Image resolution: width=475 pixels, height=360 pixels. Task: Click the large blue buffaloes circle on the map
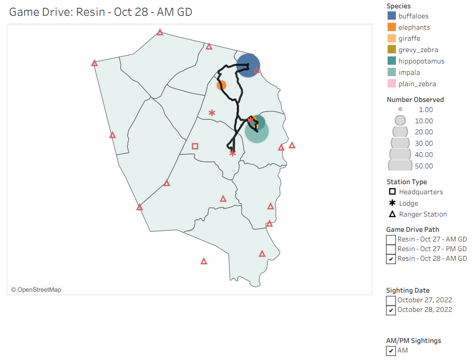[248, 66]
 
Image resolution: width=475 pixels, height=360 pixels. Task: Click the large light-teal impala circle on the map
[257, 132]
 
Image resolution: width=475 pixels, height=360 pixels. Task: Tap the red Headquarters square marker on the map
[195, 146]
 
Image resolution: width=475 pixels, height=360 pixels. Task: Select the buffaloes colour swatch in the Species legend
[392, 16]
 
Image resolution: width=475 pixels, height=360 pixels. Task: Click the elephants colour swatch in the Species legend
[392, 28]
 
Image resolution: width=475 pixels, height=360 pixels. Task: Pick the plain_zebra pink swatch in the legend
[392, 84]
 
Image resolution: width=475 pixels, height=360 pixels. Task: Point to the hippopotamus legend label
[421, 61]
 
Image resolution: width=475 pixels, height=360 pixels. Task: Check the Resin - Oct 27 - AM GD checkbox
[391, 240]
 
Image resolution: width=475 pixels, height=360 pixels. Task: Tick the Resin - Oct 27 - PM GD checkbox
[391, 249]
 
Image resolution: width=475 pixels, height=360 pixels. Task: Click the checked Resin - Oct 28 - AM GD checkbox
[391, 259]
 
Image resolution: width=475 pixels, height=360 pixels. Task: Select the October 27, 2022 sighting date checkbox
[391, 301]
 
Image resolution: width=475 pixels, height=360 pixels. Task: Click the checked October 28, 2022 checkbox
[391, 310]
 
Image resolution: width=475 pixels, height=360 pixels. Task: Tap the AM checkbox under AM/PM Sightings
[391, 351]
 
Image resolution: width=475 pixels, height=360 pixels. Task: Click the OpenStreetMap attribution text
[36, 290]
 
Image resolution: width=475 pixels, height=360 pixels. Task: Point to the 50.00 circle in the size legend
[400, 166]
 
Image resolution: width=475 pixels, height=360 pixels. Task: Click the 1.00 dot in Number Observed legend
[400, 109]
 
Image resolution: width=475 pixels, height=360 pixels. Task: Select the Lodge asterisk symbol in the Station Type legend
[392, 203]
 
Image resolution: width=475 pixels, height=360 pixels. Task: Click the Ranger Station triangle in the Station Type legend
[392, 214]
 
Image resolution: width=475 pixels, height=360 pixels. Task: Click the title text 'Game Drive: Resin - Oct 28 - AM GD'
[101, 12]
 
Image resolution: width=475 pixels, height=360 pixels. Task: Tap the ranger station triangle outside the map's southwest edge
[204, 261]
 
